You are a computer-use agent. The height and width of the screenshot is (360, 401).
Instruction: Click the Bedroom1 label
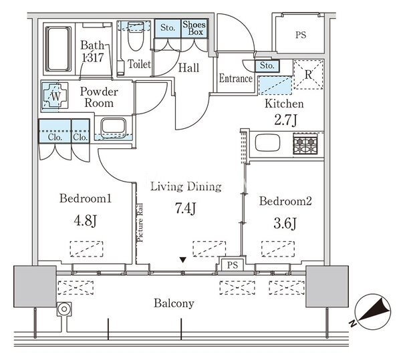(x=85, y=198)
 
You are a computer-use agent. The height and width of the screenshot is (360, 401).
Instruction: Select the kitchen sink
(x=271, y=143)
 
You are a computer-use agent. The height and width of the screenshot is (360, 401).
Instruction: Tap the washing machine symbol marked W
(x=56, y=96)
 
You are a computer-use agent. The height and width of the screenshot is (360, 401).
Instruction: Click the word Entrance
(x=236, y=79)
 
